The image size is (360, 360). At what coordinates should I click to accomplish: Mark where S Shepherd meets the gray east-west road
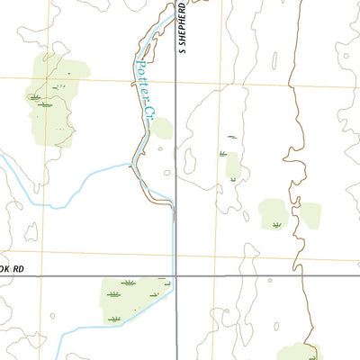(175, 276)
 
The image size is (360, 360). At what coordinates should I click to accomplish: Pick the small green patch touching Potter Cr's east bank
(161, 128)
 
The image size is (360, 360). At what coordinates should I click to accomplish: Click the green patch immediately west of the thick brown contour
(274, 214)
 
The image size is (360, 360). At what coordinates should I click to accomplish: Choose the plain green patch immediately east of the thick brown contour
(310, 214)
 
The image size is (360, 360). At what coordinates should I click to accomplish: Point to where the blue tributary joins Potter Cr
(132, 164)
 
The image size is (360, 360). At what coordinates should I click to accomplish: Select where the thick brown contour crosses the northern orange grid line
(290, 87)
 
